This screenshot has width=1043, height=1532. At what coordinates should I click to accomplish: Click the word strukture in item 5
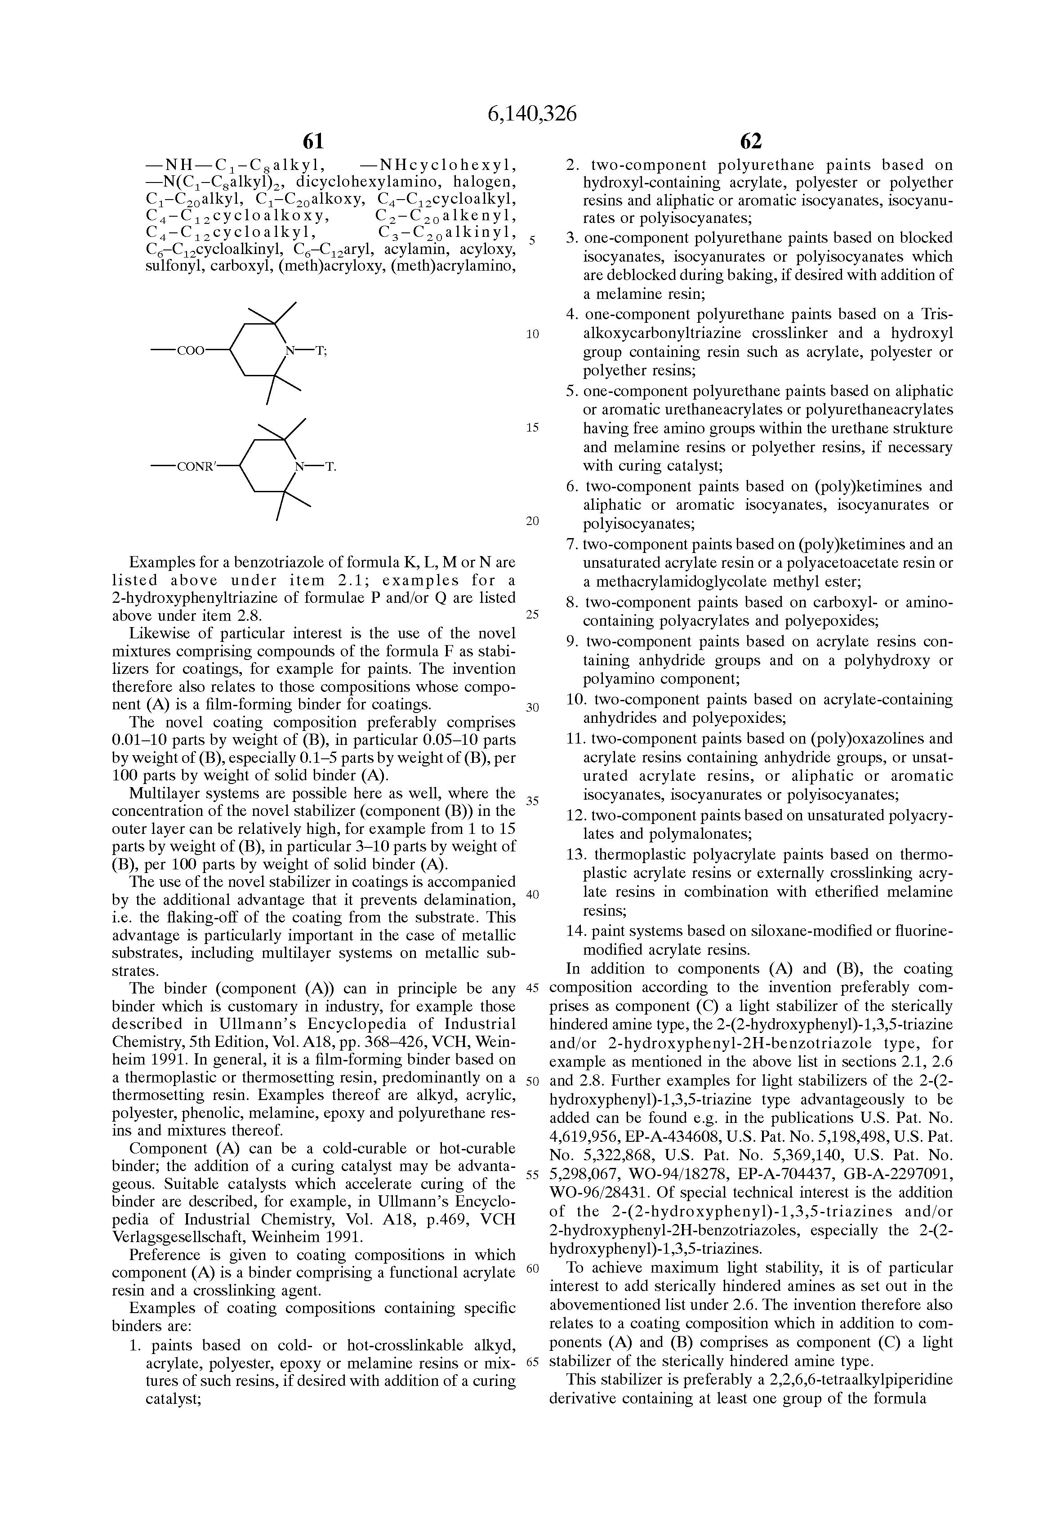point(923,428)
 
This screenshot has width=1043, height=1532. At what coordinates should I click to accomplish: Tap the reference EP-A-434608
point(647,1137)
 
